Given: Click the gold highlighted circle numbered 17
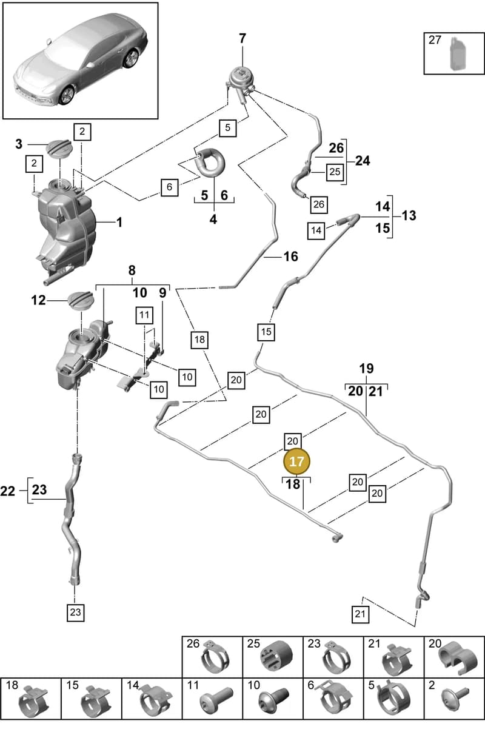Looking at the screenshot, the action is [x=296, y=461].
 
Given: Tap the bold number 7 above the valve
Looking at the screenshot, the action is [x=242, y=39].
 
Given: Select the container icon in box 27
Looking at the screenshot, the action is [x=458, y=54].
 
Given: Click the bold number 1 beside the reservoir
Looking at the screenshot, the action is [x=119, y=223].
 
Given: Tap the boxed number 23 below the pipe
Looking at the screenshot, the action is [x=75, y=612].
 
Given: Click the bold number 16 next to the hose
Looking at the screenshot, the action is [x=290, y=257].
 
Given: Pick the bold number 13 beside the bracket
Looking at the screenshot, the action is [x=409, y=215].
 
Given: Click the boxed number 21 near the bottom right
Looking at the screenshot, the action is [x=360, y=614].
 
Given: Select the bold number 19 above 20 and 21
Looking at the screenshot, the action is [x=366, y=369].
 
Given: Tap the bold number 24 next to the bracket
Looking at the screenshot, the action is [x=363, y=161].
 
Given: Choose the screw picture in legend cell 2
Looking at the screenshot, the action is [x=454, y=699].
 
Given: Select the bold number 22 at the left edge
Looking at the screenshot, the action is [x=7, y=491].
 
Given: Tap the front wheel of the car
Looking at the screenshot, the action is [x=67, y=94].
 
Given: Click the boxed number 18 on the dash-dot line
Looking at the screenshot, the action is [x=199, y=339].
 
